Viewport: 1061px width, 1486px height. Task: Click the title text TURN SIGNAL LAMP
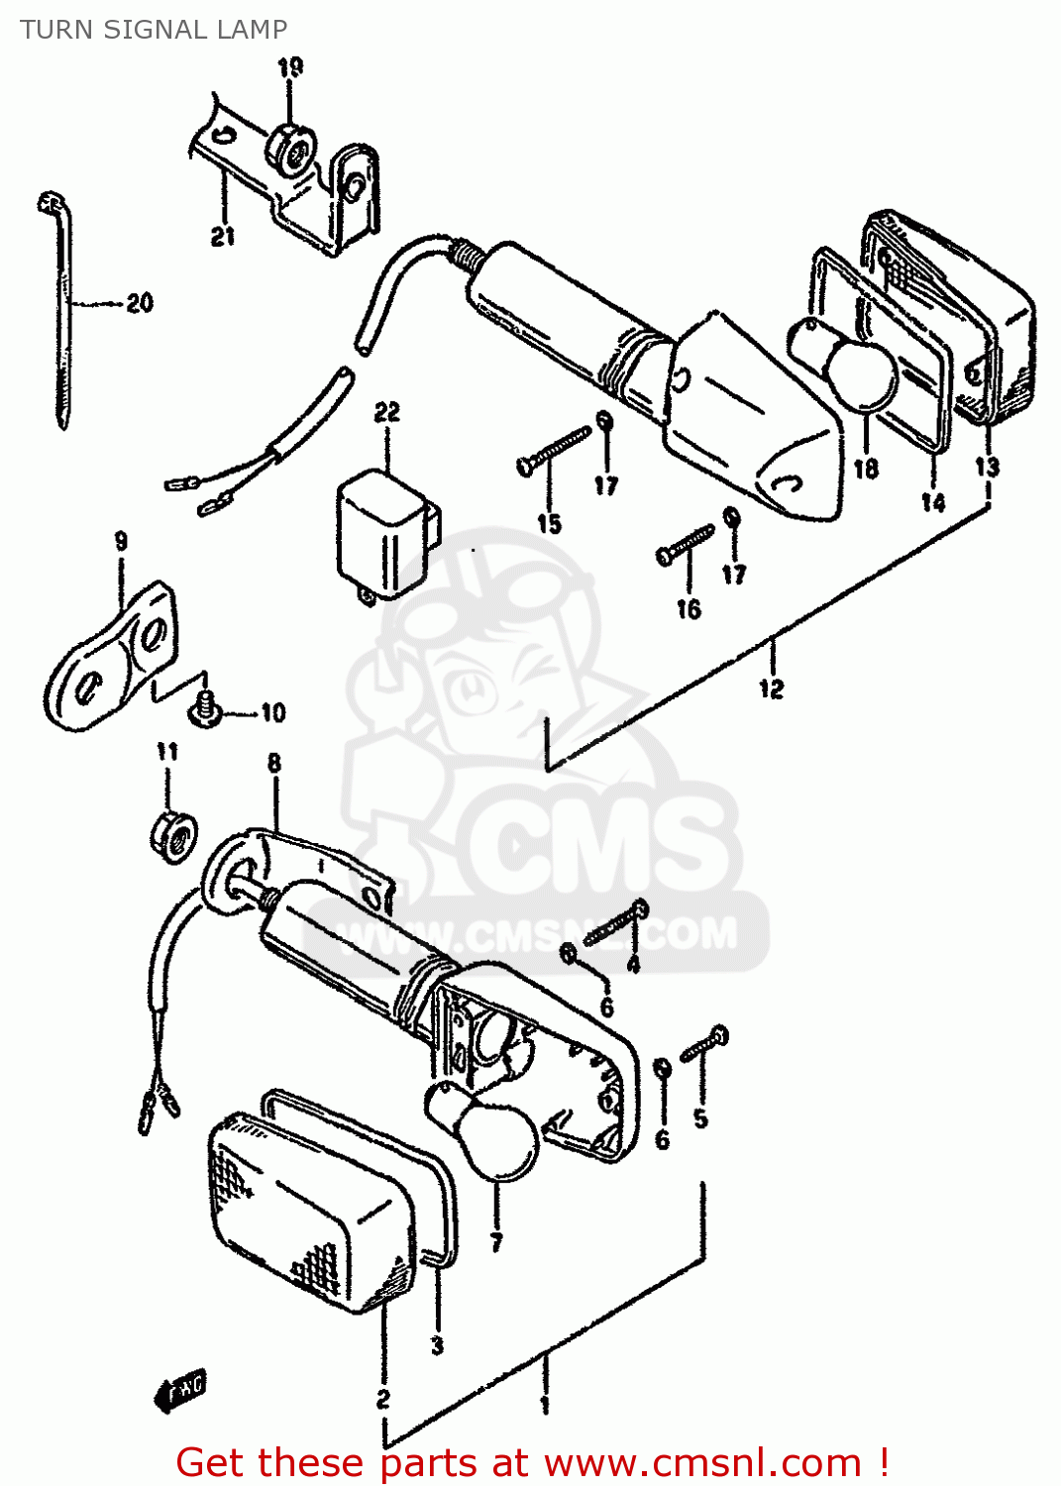click(x=154, y=30)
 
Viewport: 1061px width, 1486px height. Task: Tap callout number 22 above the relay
click(x=386, y=412)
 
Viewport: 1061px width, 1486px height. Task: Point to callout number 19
click(x=289, y=67)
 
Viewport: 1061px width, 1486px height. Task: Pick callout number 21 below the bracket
click(x=223, y=236)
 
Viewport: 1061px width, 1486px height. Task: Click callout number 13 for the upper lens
click(x=987, y=467)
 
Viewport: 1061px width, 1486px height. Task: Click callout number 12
click(x=771, y=689)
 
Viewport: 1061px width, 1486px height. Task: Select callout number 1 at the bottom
click(x=544, y=1404)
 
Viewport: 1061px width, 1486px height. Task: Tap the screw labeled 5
click(x=705, y=1044)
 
